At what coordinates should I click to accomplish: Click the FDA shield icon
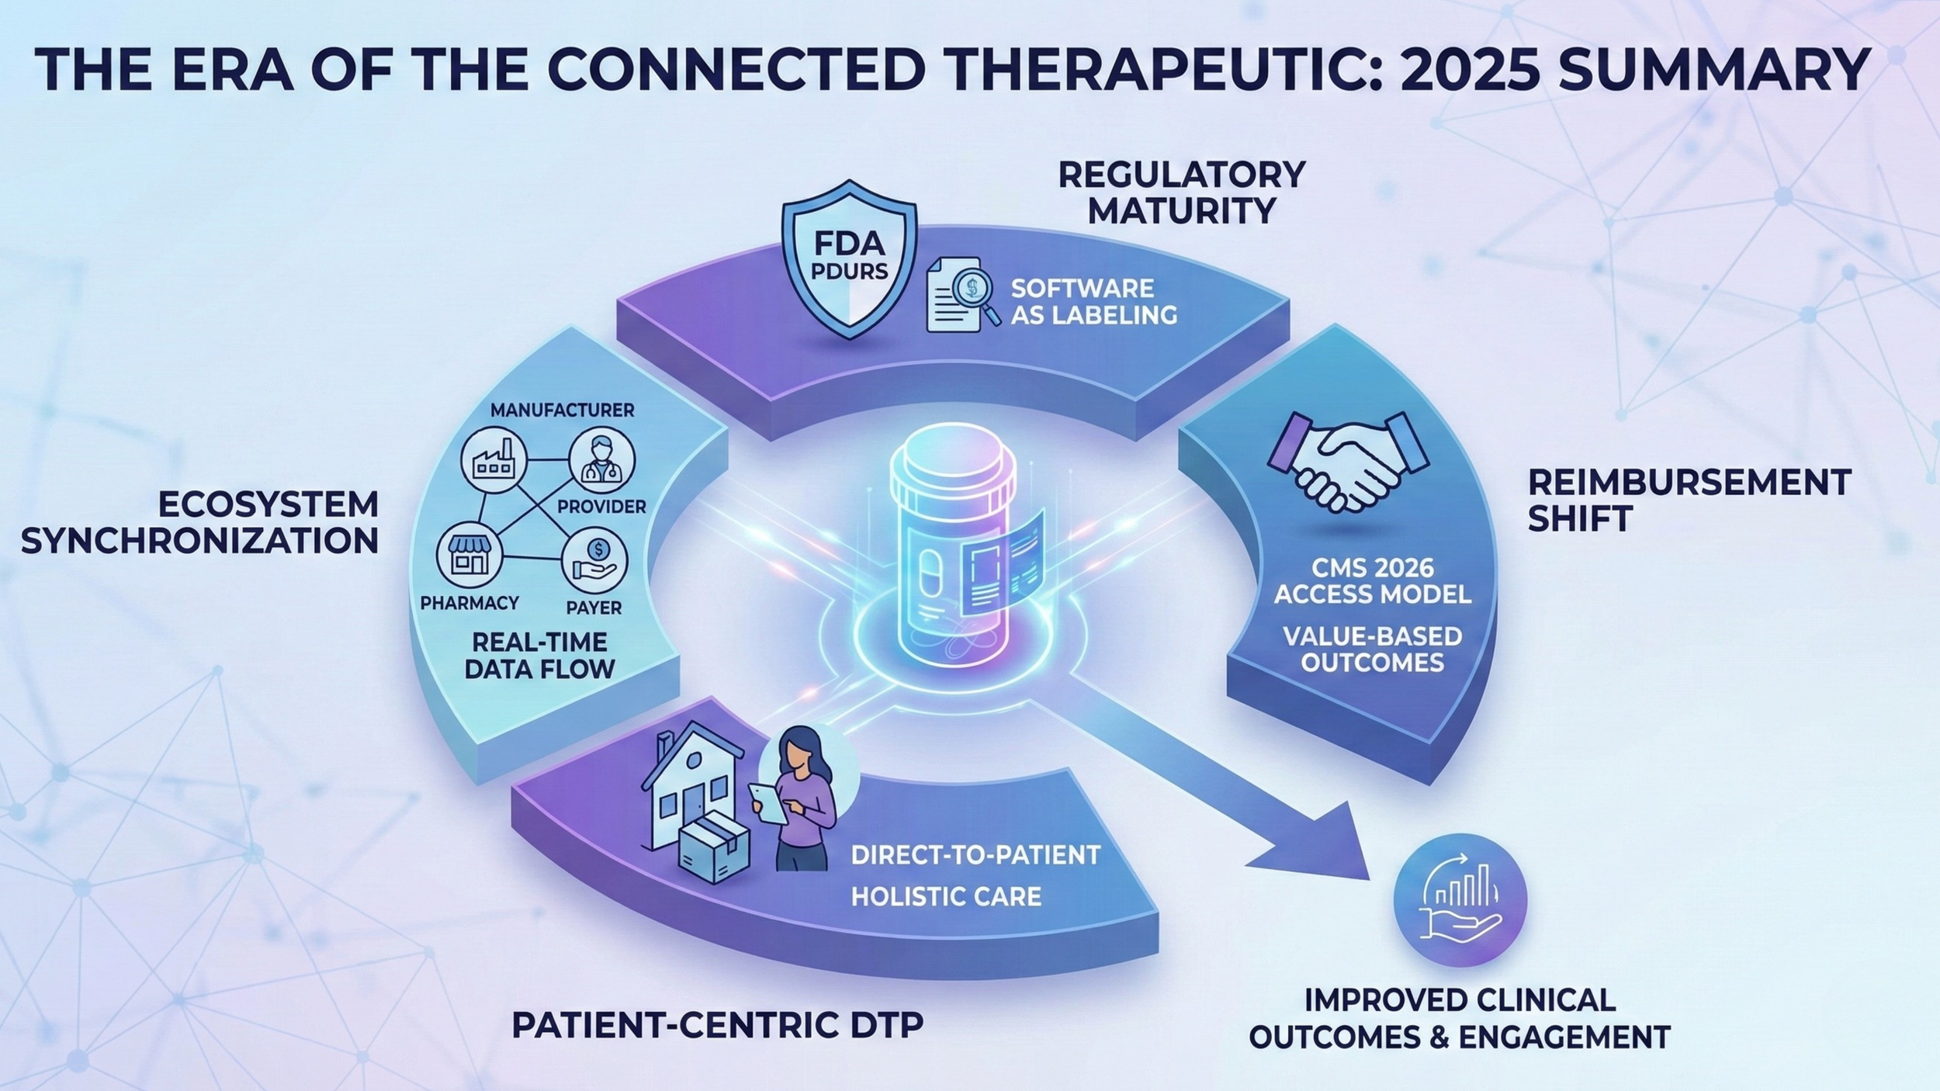(x=850, y=260)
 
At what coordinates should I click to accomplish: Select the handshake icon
(x=1348, y=461)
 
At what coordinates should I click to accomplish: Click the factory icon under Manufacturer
(x=494, y=460)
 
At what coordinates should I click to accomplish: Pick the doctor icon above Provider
(x=601, y=460)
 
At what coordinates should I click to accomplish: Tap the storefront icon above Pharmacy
(x=469, y=555)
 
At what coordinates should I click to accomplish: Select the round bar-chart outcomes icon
(x=1460, y=900)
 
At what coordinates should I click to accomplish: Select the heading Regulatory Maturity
(x=1181, y=192)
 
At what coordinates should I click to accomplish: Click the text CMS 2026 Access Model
(x=1373, y=580)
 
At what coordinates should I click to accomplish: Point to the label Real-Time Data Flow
(x=539, y=655)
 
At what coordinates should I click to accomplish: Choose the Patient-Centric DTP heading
(x=718, y=1025)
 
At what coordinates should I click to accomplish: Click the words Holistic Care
(x=946, y=897)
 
